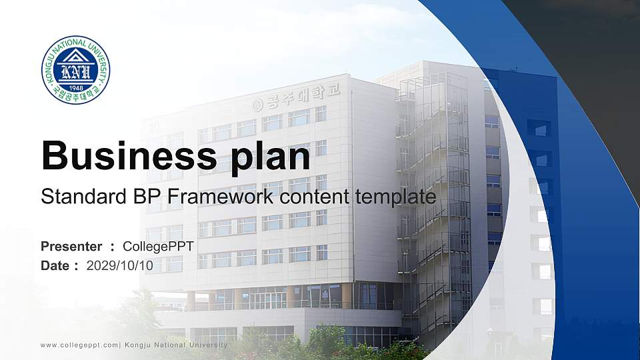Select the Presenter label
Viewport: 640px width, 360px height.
71,247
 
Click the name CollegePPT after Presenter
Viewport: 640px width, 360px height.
158,247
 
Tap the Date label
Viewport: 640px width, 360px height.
55,266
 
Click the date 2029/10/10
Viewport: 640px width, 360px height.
120,266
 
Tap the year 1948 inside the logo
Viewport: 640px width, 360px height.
76,86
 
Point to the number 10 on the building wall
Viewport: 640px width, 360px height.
155,125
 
